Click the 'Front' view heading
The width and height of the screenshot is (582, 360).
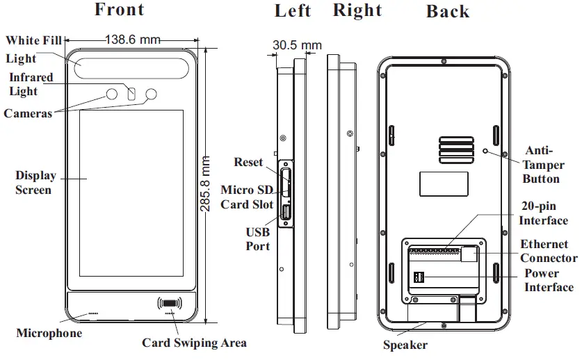pyautogui.click(x=119, y=10)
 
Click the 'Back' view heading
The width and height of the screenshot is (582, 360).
pyautogui.click(x=447, y=12)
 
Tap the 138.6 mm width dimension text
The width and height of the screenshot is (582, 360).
pyautogui.click(x=132, y=40)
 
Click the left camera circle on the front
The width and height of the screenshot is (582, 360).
pyautogui.click(x=111, y=94)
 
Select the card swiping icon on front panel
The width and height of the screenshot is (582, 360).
pyautogui.click(x=171, y=303)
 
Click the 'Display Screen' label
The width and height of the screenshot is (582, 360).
pyautogui.click(x=35, y=183)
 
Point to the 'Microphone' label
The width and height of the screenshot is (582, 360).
pyautogui.click(x=49, y=334)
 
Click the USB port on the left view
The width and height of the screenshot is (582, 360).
pyautogui.click(x=285, y=213)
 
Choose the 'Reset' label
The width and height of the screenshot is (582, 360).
pyautogui.click(x=248, y=163)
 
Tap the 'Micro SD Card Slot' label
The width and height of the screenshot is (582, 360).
pyautogui.click(x=247, y=197)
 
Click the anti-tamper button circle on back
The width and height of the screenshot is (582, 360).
pyautogui.click(x=485, y=150)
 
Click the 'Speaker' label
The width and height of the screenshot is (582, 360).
pyautogui.click(x=405, y=345)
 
